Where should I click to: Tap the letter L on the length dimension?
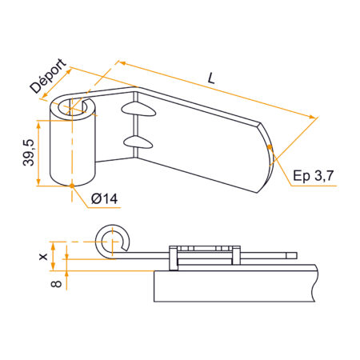[211, 78]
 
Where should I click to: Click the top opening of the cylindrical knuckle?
[78, 106]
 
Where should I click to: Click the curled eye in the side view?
[112, 241]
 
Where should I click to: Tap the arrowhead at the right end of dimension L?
[314, 118]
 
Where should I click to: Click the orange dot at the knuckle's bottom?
[73, 186]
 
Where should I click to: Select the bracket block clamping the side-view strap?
[205, 254]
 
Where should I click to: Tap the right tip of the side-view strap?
[294, 256]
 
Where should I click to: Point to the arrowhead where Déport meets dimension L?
[121, 62]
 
